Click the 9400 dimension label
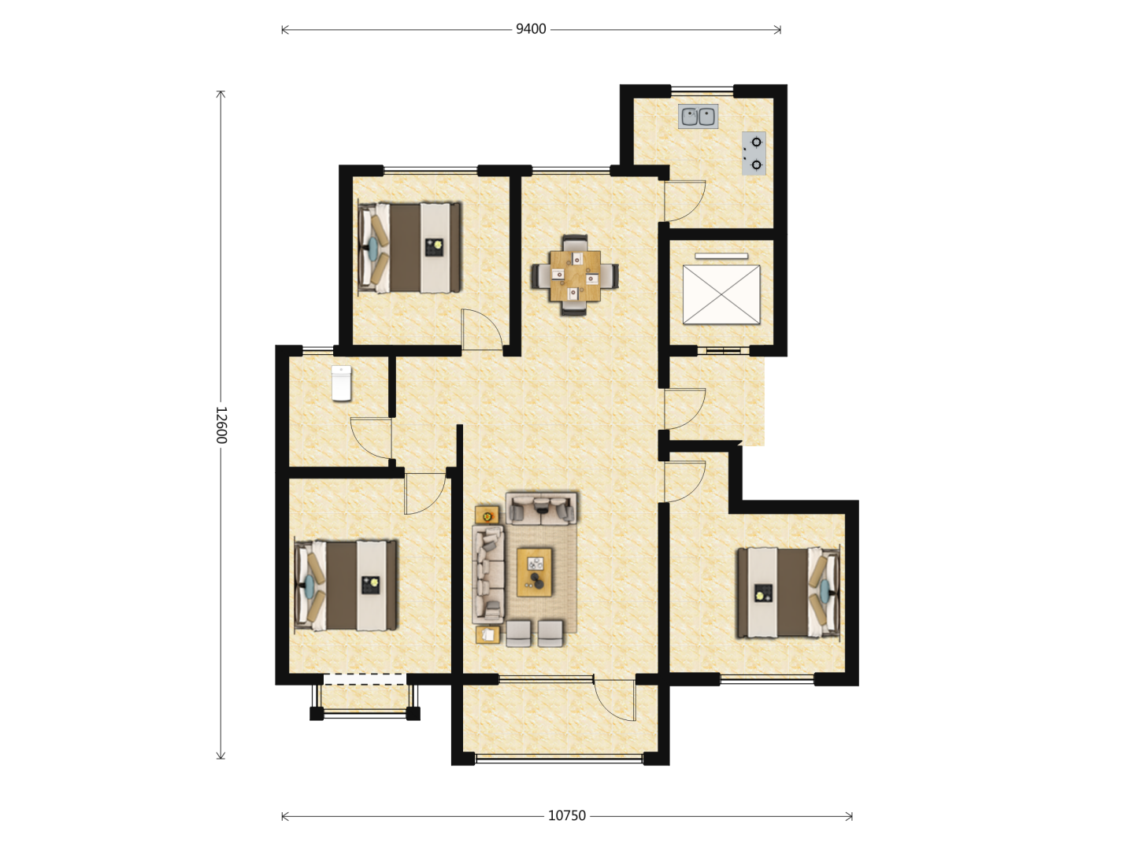coord(531,29)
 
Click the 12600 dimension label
coord(221,425)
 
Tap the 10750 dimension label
coord(567,816)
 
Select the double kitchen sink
coord(698,116)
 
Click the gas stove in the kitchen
coord(754,153)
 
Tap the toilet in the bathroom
coord(341,383)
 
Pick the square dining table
coord(575,275)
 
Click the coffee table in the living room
coord(534,572)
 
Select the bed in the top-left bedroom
coord(409,248)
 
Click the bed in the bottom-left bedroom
coord(346,586)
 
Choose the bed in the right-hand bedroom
coord(788,593)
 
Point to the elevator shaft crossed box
coord(721,294)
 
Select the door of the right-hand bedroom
coord(684,482)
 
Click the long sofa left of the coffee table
coord(487,575)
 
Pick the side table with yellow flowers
coord(487,515)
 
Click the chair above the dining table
coord(575,243)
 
